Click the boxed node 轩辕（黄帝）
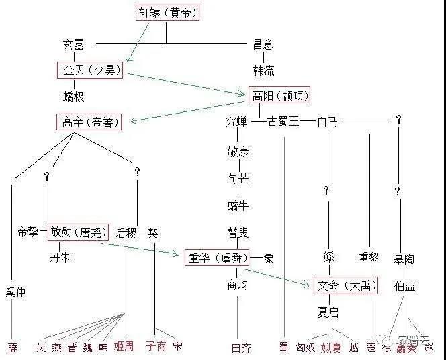(x=168, y=12)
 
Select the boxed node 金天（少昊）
(x=90, y=71)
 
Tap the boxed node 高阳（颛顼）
(x=279, y=96)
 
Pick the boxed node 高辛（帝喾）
(x=89, y=122)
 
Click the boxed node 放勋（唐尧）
(x=78, y=232)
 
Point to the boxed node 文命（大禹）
(x=345, y=285)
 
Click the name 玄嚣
(x=73, y=44)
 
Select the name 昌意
(x=263, y=44)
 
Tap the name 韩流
(x=263, y=71)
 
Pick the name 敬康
(x=238, y=151)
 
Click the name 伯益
(x=404, y=286)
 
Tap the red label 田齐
(x=240, y=347)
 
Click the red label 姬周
(x=124, y=347)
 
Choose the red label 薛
(x=13, y=347)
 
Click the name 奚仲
(x=16, y=293)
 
